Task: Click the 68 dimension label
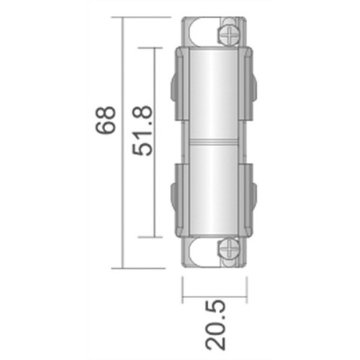106,120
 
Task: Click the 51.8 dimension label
143,130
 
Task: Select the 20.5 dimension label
215,325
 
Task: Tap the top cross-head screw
229,35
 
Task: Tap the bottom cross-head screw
229,250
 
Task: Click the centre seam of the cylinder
214,142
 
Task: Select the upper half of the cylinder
214,93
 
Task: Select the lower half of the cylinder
214,190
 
